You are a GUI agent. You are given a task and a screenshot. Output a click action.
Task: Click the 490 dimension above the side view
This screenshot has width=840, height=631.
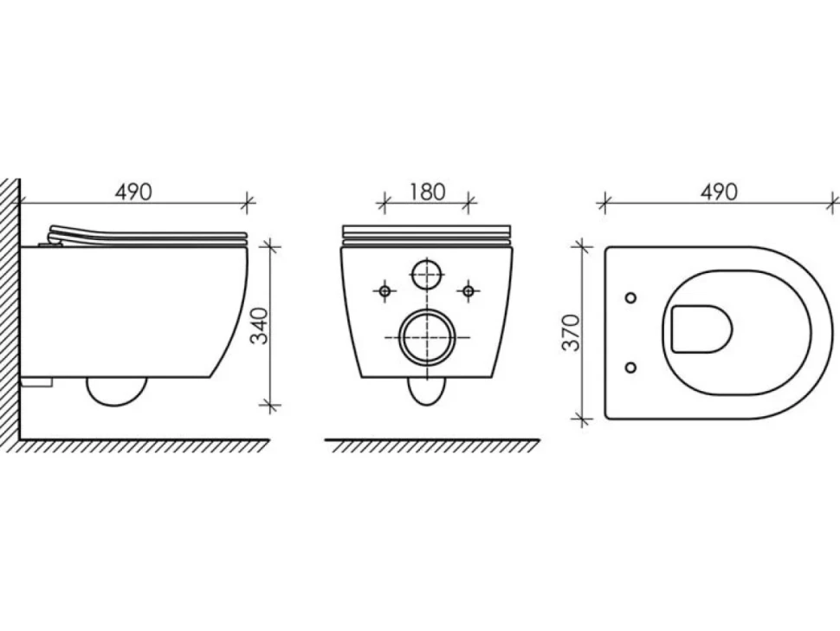pos(133,192)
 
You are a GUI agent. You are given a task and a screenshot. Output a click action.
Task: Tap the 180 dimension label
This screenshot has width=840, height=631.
pos(427,192)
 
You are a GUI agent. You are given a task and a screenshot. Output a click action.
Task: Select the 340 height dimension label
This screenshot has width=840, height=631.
pos(260,325)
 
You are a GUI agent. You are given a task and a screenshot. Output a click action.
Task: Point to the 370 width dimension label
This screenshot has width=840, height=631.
pos(571,332)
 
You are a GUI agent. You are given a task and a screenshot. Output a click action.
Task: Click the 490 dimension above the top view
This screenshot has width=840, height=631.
pos(719,192)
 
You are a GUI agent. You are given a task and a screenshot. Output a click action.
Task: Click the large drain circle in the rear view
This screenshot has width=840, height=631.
pos(427,337)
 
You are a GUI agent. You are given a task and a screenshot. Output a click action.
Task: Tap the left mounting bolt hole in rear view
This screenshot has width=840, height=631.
pos(384,290)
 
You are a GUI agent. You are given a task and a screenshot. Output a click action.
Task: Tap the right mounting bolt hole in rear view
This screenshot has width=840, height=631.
pos(468,290)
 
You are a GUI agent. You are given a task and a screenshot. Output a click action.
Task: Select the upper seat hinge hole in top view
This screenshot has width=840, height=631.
pos(631,297)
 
